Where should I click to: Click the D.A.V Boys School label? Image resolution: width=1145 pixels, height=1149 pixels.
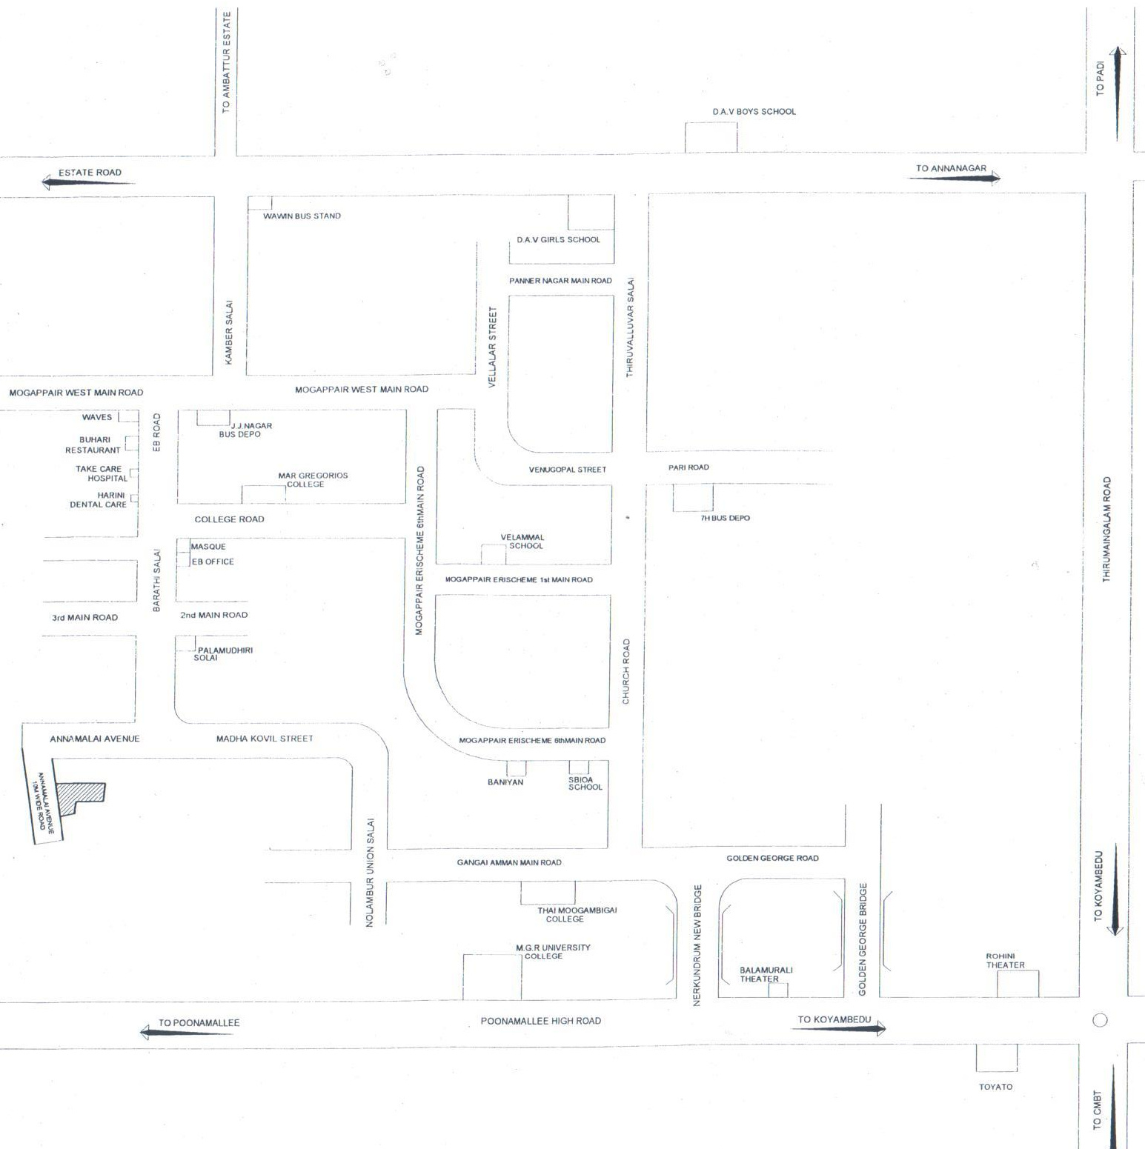coord(754,112)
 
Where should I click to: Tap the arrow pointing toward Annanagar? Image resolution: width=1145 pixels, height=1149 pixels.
coord(955,178)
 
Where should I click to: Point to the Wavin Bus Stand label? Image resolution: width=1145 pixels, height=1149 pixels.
coord(302,216)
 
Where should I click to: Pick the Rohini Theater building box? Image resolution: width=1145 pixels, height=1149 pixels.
coord(1017,984)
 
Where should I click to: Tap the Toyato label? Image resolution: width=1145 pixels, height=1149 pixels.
coord(995,1087)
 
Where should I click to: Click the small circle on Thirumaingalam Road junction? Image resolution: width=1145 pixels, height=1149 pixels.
coord(1100,1020)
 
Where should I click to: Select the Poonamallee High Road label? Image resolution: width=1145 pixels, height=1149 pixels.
coord(540,1021)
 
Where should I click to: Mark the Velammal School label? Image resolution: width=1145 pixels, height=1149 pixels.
coord(522,542)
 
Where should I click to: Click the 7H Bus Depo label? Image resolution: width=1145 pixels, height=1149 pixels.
coord(725,519)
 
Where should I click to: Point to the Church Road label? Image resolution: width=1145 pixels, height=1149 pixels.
coord(626,671)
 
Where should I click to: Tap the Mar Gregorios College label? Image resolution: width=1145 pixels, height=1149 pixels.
coord(313,480)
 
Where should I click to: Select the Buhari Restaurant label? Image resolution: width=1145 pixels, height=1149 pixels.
coord(93,444)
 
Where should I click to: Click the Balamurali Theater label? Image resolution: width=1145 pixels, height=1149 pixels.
coord(766,974)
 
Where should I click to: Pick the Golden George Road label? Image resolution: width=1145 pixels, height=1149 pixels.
coord(772,858)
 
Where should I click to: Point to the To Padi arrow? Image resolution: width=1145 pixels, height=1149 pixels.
coord(1118,94)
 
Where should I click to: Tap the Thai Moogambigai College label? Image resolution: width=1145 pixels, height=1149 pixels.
coord(577,914)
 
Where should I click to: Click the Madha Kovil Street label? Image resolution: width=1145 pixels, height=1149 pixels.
coord(265,739)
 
